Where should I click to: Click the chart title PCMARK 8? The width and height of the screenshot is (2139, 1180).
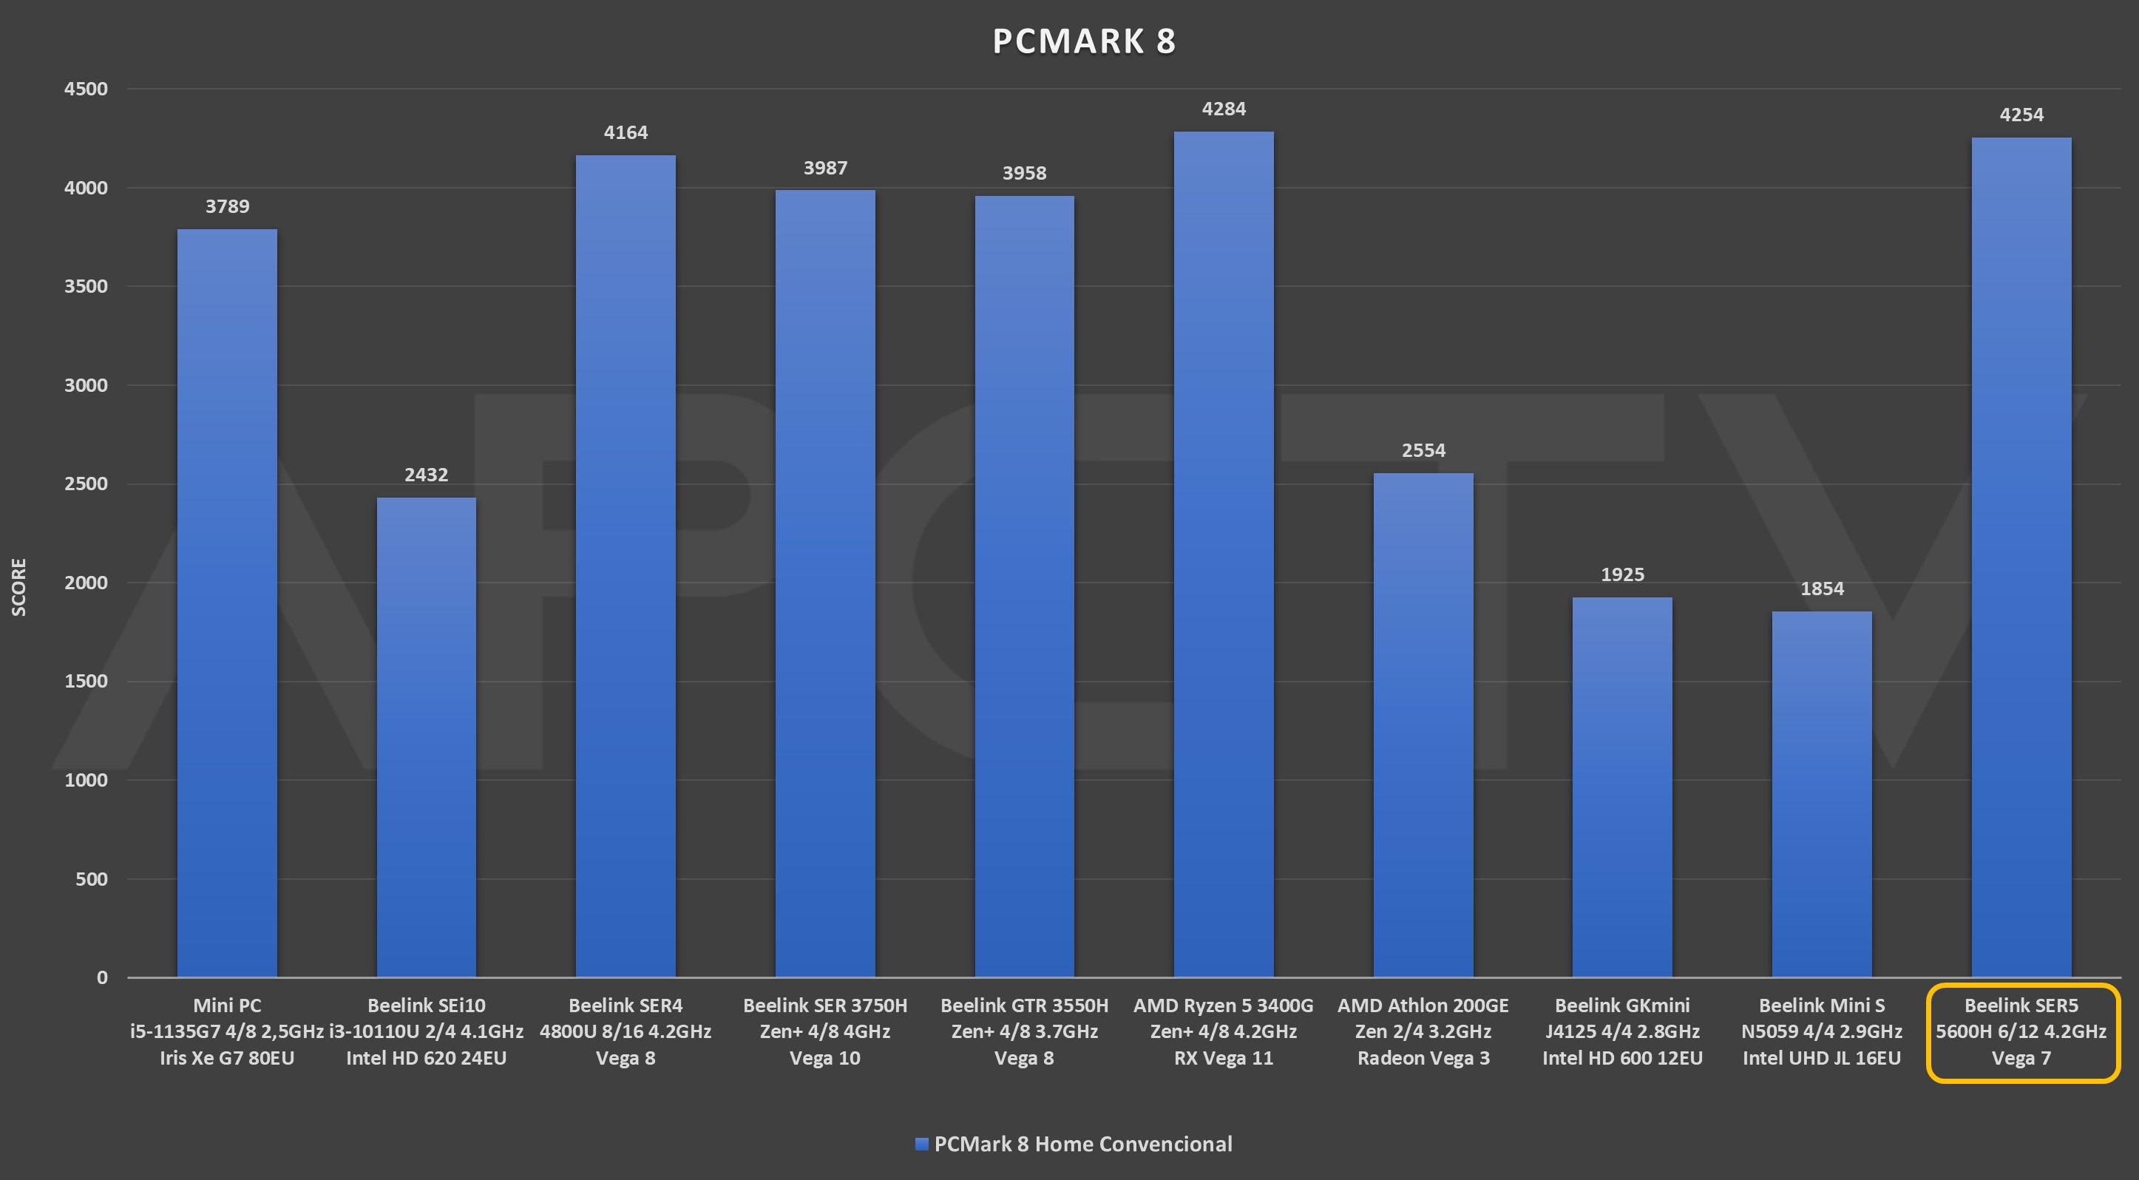click(1084, 41)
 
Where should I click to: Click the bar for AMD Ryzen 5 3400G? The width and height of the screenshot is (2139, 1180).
click(1223, 554)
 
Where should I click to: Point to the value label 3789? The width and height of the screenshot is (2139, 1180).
click(227, 206)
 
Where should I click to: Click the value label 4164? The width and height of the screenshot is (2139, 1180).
click(626, 132)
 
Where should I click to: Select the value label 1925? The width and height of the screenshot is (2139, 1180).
click(1621, 574)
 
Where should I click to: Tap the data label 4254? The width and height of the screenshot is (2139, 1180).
click(2021, 115)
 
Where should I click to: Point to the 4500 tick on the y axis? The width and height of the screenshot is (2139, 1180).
click(87, 89)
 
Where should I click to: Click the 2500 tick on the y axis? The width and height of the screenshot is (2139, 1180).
click(87, 484)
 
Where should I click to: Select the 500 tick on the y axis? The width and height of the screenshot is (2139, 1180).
click(92, 878)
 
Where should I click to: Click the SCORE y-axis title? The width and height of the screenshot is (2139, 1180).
click(19, 587)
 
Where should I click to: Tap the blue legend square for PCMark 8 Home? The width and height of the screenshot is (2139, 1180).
click(921, 1145)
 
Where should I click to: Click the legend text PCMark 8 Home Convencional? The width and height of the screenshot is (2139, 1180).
click(1082, 1145)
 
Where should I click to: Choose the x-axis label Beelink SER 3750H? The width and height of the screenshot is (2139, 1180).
click(824, 1006)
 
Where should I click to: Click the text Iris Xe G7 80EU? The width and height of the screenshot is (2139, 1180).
click(227, 1058)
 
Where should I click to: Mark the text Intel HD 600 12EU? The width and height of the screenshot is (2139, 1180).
click(1621, 1058)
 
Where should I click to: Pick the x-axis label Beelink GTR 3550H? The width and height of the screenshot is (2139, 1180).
click(1024, 1006)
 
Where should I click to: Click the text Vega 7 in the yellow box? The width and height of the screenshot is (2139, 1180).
click(2021, 1058)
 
